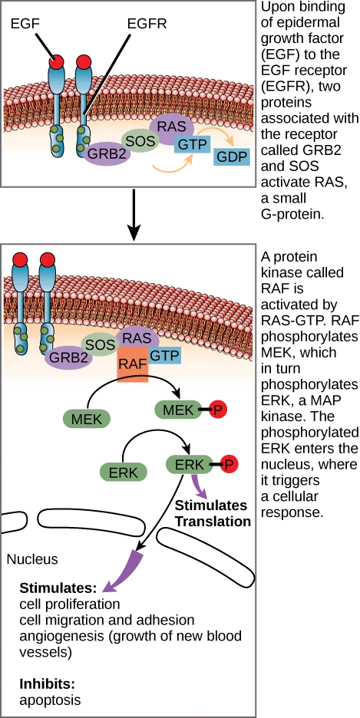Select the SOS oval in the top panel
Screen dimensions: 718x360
tap(139, 140)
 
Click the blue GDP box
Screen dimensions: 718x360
tap(232, 157)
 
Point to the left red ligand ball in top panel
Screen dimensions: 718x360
tap(56, 61)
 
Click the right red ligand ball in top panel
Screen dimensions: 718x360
tap(84, 61)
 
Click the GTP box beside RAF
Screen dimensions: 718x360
tap(164, 354)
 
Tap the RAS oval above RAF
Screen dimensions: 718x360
tap(137, 338)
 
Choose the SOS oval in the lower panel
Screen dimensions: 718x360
tap(100, 344)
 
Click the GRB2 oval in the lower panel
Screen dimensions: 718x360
tap(68, 357)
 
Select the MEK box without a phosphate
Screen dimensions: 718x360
tap(86, 418)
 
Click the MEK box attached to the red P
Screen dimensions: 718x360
tap(178, 410)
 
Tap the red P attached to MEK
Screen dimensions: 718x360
tap(219, 411)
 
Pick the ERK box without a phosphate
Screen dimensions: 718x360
tap(123, 473)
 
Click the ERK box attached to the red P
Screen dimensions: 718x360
tap(190, 464)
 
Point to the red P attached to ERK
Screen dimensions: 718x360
tap(230, 464)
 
